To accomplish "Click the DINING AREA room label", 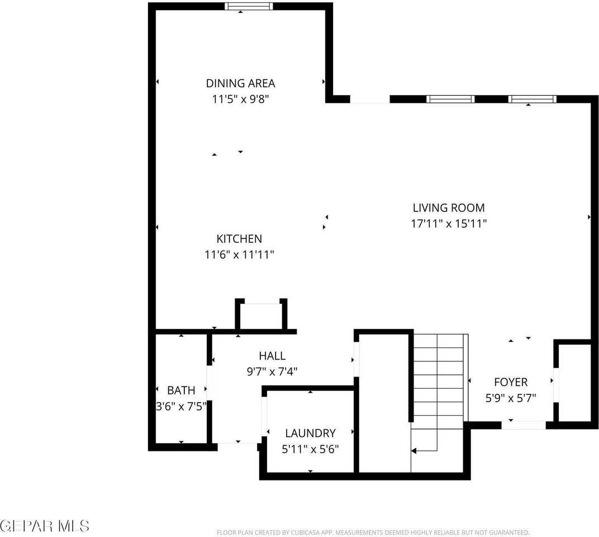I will click(x=240, y=83).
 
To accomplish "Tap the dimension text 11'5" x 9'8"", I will click(x=240, y=99).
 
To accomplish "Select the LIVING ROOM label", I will click(x=448, y=208).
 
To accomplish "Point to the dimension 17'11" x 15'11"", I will click(x=448, y=224).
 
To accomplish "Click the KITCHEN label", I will click(x=239, y=239).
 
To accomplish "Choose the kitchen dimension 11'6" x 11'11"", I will click(x=239, y=255).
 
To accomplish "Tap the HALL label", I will click(x=272, y=356).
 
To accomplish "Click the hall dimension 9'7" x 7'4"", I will click(x=272, y=371).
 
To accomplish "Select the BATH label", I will click(x=181, y=390).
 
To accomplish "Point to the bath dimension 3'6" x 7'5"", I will click(x=181, y=406).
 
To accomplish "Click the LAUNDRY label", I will click(x=310, y=433).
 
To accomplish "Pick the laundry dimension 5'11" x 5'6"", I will click(x=310, y=449).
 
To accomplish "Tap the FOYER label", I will click(x=511, y=382).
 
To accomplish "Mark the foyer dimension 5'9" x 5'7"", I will click(x=511, y=398).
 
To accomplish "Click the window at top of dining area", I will click(x=249, y=6).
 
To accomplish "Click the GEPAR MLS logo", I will click(x=45, y=526).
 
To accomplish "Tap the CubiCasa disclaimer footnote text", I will click(x=373, y=533).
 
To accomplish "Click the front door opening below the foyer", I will click(x=524, y=425).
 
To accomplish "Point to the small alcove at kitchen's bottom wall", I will click(x=261, y=316).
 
